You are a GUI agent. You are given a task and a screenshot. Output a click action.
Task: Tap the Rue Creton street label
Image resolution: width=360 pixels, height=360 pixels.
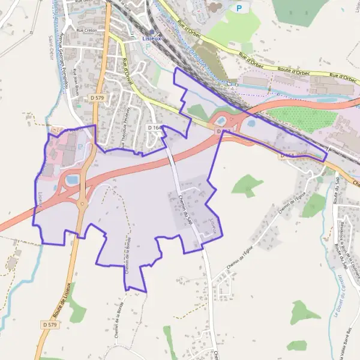pos(86,29)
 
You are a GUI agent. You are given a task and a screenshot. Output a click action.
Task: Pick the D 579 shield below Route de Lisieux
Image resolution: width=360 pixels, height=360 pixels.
pos(50,325)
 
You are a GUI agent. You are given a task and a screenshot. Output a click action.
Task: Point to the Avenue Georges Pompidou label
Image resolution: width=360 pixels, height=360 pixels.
pos(62,51)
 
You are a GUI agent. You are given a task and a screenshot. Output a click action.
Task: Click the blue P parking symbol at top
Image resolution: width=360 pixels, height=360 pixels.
pos(239,8)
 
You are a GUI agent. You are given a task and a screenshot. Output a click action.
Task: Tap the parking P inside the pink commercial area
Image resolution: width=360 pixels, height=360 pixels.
pos(80,146)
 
